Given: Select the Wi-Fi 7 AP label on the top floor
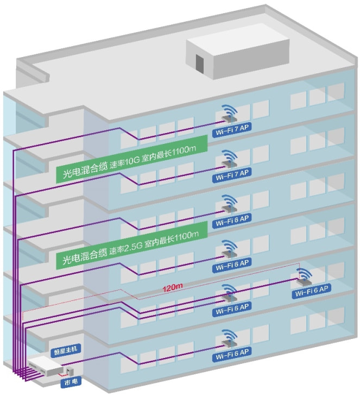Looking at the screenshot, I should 231,133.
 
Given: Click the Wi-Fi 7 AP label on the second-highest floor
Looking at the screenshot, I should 231,173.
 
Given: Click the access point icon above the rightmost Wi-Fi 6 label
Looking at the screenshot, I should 305,277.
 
